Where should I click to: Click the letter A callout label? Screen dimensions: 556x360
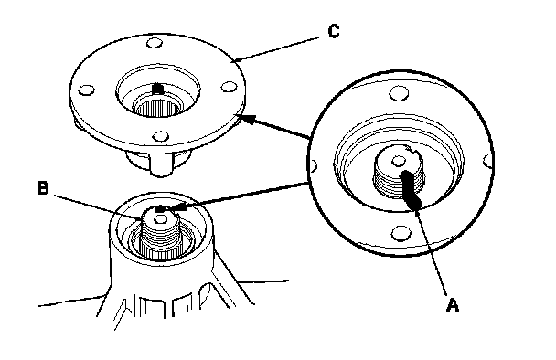tap(453, 305)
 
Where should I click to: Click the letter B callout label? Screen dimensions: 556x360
tap(43, 188)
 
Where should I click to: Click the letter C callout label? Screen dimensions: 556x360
tap(334, 31)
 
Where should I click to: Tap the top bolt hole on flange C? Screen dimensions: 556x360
tap(155, 44)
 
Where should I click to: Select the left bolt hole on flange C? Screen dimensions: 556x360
tap(86, 90)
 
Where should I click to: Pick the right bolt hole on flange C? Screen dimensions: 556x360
tap(229, 87)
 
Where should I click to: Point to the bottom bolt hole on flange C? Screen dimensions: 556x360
tap(160, 136)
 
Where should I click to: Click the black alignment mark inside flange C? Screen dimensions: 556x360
tap(157, 89)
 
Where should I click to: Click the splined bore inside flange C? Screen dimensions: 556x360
tap(158, 106)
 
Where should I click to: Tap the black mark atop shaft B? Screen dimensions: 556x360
tap(160, 209)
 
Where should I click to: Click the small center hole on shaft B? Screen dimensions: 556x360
tap(161, 219)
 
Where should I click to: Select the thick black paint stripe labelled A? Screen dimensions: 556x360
tap(411, 189)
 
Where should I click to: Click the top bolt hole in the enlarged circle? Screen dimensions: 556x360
tap(399, 94)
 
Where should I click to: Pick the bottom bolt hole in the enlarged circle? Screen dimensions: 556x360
tap(401, 234)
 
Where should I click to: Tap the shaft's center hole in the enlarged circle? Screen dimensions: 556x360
tap(399, 162)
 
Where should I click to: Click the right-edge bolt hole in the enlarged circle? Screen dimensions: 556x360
tap(488, 161)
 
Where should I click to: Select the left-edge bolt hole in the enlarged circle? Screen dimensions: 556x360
tap(314, 165)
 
